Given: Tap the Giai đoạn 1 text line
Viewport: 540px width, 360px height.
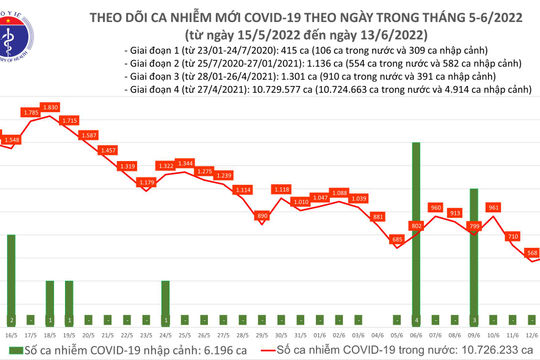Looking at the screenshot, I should [290, 49].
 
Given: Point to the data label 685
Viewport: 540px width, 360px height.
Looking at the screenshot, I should [395, 239].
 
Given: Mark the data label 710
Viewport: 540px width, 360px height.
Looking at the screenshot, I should [511, 236].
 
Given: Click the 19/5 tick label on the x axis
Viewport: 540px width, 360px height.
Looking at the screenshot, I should [69, 335].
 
